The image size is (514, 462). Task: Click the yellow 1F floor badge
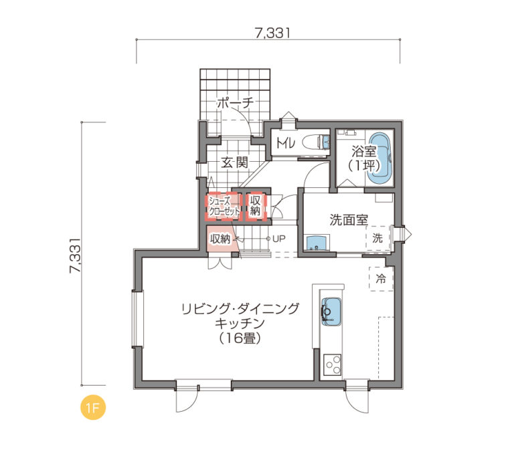[93, 408]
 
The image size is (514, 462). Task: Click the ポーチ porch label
[236, 103]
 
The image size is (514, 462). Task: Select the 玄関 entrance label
[234, 162]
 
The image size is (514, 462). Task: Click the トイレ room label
[286, 143]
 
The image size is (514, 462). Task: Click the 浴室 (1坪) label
[364, 159]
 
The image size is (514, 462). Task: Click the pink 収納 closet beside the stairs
[220, 239]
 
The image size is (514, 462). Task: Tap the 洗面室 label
[349, 220]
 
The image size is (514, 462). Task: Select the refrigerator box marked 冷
[381, 279]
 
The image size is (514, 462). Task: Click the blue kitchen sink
[331, 312]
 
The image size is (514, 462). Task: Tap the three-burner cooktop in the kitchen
[333, 365]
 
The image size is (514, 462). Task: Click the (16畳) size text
[240, 338]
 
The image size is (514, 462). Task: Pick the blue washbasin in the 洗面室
[317, 243]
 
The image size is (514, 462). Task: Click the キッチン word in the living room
[240, 324]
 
